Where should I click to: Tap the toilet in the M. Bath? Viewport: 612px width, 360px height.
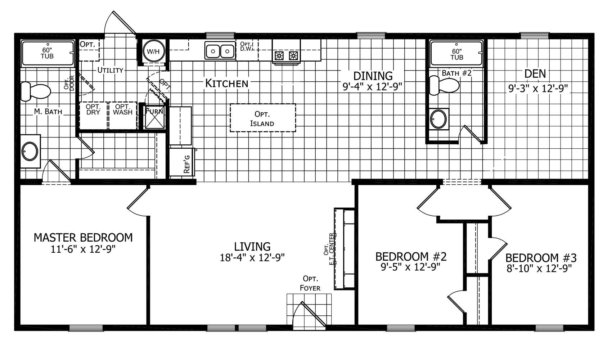[x=36, y=91]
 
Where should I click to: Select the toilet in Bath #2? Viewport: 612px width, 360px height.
[x=444, y=85]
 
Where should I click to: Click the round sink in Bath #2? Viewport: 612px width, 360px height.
[x=438, y=119]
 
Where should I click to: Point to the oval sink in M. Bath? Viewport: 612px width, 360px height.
[x=30, y=151]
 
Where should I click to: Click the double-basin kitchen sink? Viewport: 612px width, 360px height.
[x=220, y=51]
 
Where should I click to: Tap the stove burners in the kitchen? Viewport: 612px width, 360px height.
[x=286, y=56]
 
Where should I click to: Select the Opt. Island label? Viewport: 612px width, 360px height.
[x=262, y=119]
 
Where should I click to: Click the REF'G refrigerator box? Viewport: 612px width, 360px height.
[x=182, y=162]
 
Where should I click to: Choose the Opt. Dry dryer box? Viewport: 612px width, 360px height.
[x=93, y=115]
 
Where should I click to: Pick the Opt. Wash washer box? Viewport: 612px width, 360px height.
[x=123, y=115]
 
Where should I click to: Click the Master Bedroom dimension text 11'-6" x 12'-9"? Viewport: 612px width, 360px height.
[x=83, y=249]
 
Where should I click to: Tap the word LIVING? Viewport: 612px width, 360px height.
[x=252, y=247]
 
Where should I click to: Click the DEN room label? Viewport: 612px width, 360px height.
[x=535, y=74]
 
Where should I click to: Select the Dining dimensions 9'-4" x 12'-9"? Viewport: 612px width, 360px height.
[x=373, y=87]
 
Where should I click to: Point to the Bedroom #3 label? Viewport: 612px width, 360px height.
[x=541, y=258]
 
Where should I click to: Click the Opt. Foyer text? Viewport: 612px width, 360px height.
[x=310, y=283]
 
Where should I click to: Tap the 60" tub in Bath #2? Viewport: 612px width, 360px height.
[x=456, y=54]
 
